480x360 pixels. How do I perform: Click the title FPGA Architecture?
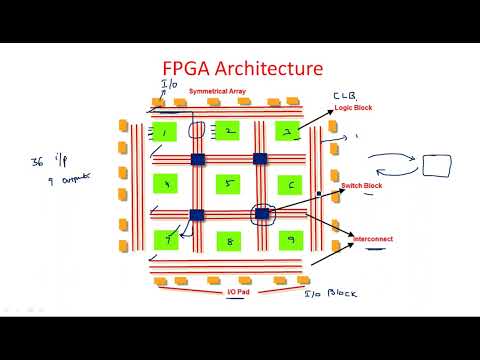coord(243,69)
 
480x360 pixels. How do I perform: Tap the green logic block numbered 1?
coord(164,131)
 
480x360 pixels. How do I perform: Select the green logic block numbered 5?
coord(228,184)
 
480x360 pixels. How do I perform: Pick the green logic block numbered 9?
coord(290,240)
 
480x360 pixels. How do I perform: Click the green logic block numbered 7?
coord(166,240)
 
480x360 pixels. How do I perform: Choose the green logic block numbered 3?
coord(289,131)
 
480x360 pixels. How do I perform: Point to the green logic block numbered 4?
coord(166,184)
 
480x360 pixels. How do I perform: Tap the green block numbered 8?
coord(228,240)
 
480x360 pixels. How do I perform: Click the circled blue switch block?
coord(262,213)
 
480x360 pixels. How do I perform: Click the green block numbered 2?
coord(228,131)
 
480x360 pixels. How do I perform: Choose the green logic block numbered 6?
coord(290,184)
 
